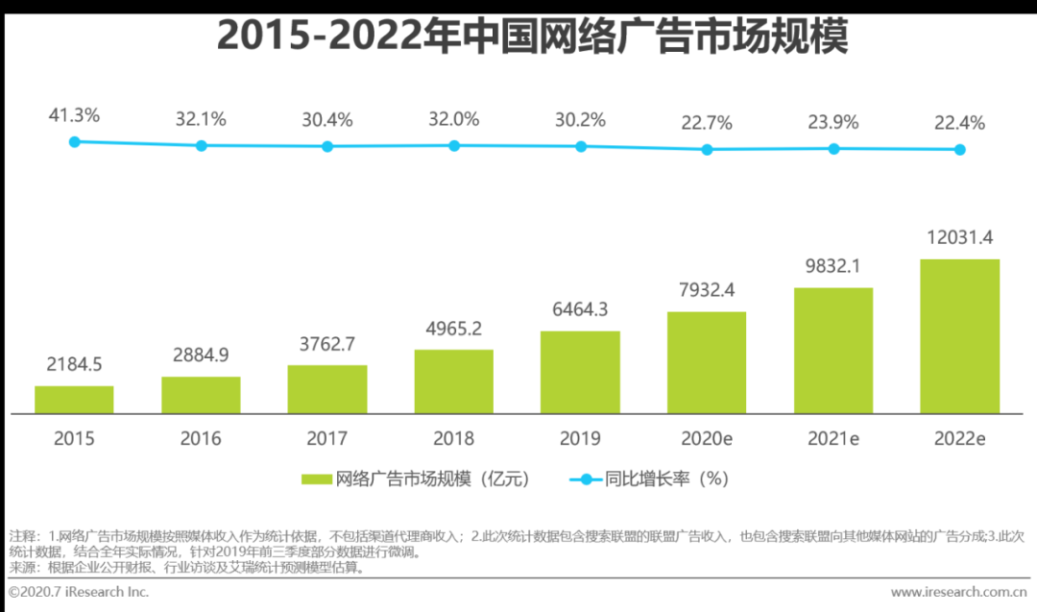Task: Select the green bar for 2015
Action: click(74, 400)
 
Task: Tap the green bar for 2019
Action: click(580, 373)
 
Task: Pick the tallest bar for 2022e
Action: click(959, 336)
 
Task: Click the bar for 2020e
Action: click(707, 363)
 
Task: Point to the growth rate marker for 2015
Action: click(74, 141)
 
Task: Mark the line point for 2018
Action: click(454, 145)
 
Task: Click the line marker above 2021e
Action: click(833, 149)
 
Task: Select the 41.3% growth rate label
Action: click(74, 115)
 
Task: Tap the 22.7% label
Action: click(708, 123)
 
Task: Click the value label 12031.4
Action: click(959, 237)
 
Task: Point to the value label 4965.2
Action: click(454, 329)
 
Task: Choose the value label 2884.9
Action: click(201, 355)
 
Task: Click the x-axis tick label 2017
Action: click(327, 439)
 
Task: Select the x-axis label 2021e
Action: click(833, 439)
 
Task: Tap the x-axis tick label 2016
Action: click(201, 439)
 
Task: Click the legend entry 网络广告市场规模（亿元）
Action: click(415, 478)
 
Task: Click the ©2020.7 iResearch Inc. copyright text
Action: click(80, 592)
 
